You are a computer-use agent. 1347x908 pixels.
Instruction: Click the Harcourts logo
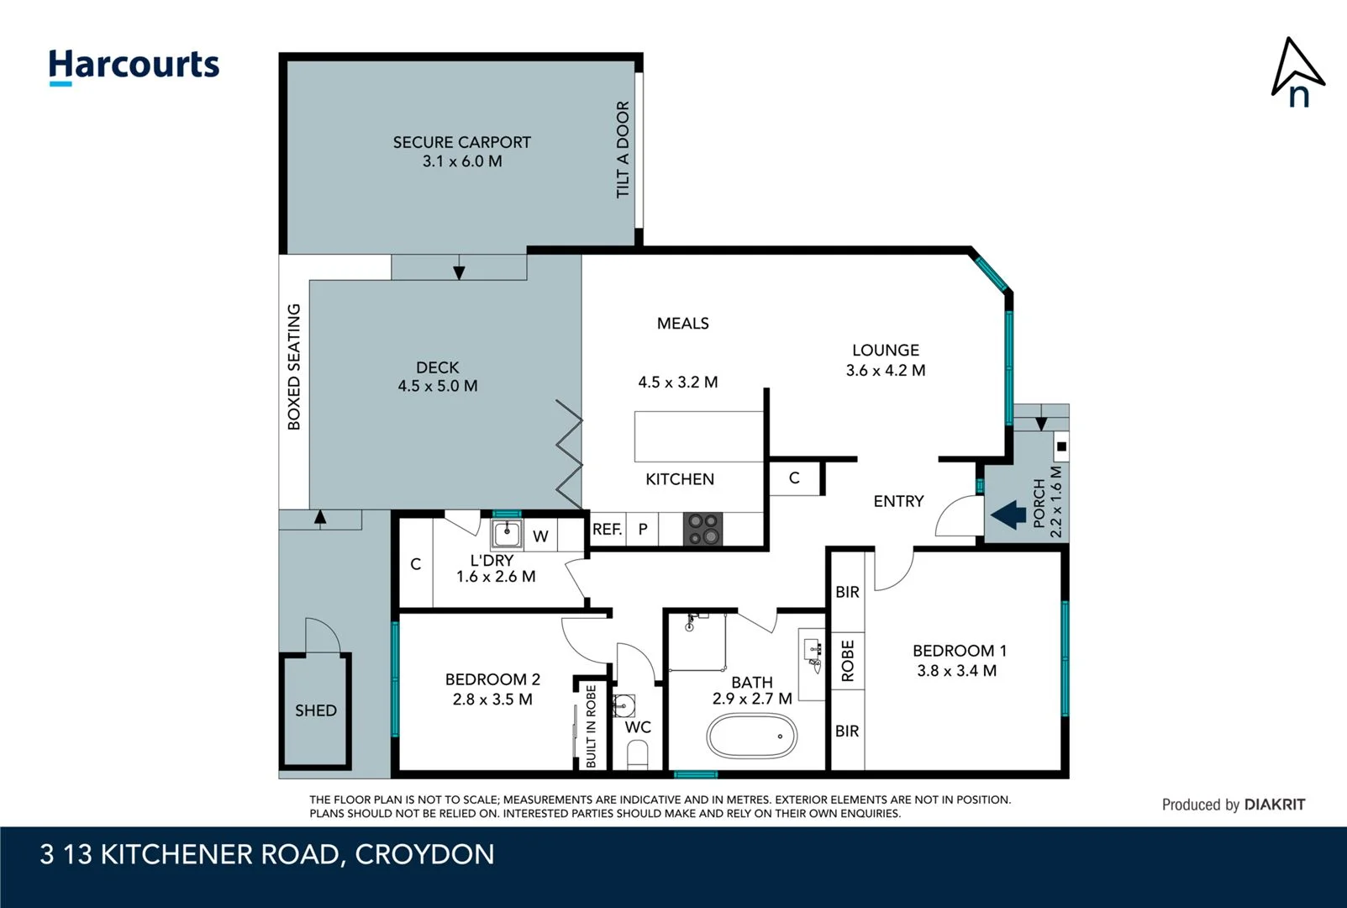point(134,66)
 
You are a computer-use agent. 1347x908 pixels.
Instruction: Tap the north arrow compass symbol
point(1297,72)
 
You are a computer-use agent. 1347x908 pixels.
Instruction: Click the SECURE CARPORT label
point(461,142)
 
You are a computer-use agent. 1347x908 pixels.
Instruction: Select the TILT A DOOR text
point(623,150)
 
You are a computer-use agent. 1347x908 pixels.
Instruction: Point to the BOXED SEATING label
point(293,367)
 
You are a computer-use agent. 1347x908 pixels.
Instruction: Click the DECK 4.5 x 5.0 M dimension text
point(437,386)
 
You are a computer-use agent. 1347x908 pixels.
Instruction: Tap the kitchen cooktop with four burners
point(702,530)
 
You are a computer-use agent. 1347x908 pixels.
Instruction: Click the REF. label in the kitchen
point(607,529)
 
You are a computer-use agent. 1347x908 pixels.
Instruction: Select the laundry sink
point(507,533)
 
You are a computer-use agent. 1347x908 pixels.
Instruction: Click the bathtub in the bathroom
point(751,736)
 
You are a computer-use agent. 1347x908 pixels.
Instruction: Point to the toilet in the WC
point(638,759)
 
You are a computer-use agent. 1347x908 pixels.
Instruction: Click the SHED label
point(315,710)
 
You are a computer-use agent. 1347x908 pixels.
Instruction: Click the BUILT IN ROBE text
point(591,726)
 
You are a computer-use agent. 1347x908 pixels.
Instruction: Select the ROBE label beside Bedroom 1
point(847,661)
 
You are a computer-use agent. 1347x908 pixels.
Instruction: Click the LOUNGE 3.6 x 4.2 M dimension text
point(885,370)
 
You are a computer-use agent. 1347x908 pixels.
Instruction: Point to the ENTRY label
point(897,501)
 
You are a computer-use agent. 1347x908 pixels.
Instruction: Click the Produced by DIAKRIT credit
point(1233,805)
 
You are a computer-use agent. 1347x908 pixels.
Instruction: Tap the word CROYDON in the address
point(424,854)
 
